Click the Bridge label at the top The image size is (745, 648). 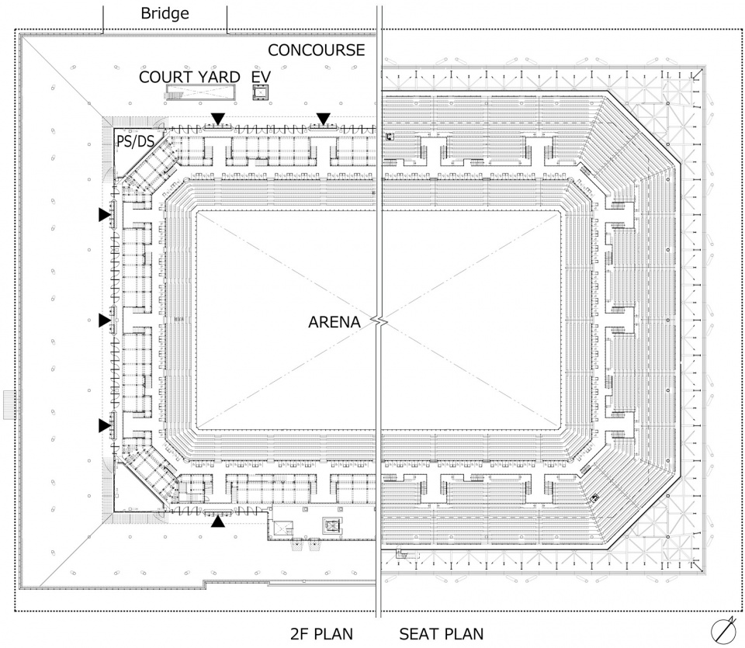[165, 13]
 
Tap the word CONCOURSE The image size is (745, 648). [317, 50]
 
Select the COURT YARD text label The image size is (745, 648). [189, 77]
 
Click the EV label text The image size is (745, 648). [261, 77]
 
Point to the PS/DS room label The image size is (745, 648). [135, 141]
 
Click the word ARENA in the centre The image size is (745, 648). [334, 322]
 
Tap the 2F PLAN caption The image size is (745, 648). [321, 634]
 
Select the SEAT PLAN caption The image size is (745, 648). [442, 634]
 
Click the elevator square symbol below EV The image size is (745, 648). [261, 92]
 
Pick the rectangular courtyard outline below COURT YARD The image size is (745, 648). [202, 92]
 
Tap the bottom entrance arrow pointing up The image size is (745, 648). [218, 522]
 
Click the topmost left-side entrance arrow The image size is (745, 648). [105, 214]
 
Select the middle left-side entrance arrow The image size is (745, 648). [105, 321]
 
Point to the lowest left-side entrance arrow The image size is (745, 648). [105, 426]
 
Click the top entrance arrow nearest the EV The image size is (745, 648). [324, 119]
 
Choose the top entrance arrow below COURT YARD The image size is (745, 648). [218, 119]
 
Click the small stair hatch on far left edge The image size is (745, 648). [10, 405]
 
